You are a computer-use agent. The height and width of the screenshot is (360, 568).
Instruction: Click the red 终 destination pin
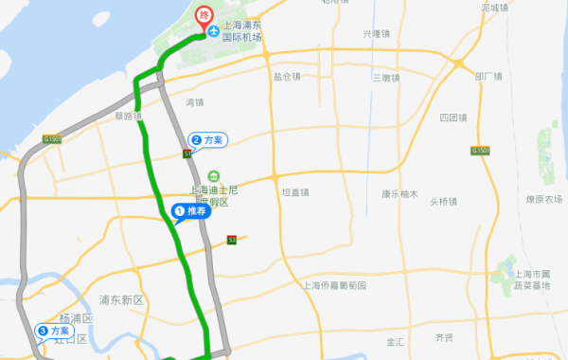pos(204,14)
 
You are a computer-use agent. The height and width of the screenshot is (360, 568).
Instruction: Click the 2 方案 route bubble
pos(207,139)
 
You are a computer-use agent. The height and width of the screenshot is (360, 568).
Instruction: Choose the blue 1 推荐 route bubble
pos(188,211)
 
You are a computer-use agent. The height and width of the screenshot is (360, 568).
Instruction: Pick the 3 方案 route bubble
pos(53,331)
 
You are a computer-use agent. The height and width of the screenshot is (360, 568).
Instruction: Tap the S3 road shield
pos(232,241)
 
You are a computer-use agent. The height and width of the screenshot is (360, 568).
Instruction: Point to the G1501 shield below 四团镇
pos(480,151)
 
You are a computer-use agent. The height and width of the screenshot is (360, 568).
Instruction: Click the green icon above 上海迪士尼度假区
pos(215,176)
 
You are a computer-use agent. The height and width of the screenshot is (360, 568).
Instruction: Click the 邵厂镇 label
pos(488,77)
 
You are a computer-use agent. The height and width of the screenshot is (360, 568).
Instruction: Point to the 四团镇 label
pos(453,118)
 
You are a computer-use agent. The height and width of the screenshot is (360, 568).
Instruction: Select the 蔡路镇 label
pos(126,118)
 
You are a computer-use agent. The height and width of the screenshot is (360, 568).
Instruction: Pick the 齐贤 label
pos(444,336)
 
